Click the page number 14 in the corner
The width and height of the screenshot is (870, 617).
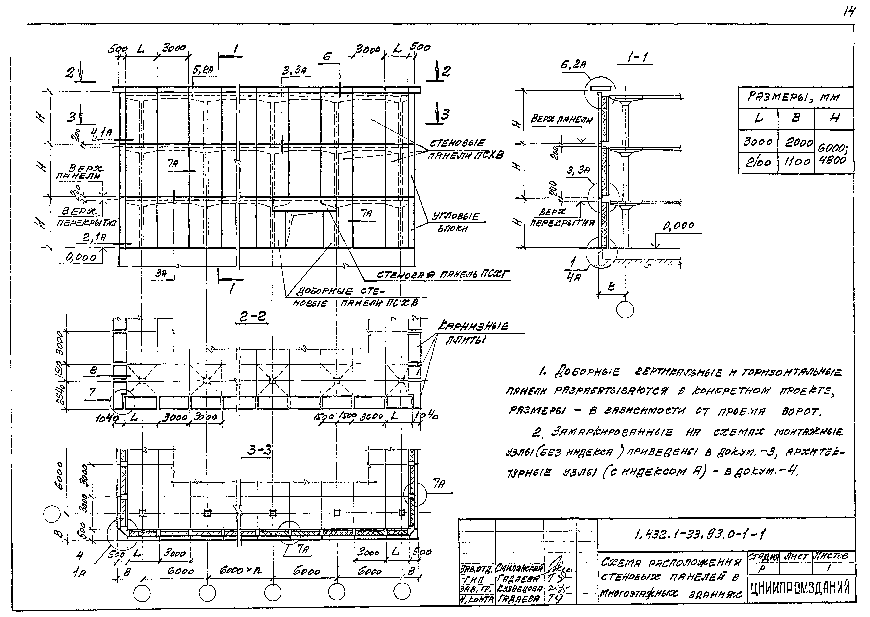[x=849, y=13]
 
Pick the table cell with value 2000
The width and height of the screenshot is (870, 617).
[x=796, y=142]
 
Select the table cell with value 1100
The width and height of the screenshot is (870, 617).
[x=796, y=162]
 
